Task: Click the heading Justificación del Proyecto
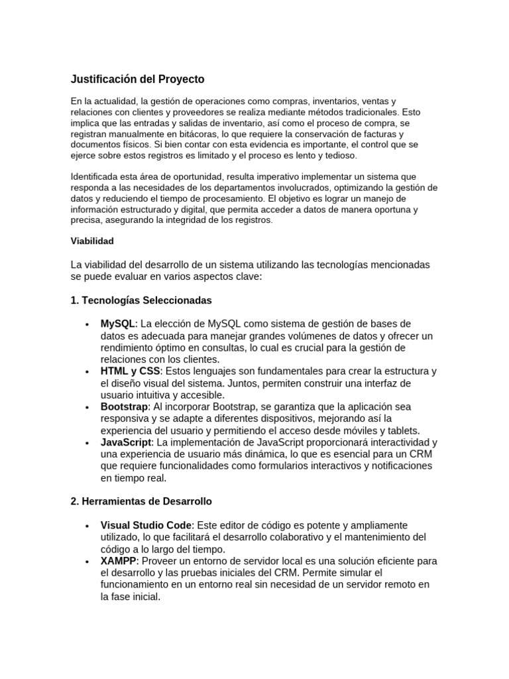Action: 137,80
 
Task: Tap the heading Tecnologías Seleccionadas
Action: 141,300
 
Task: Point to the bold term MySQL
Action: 118,324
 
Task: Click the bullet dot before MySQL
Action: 87,324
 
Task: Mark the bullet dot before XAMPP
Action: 87,562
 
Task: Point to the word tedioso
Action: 341,155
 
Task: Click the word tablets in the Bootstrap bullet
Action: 404,430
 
